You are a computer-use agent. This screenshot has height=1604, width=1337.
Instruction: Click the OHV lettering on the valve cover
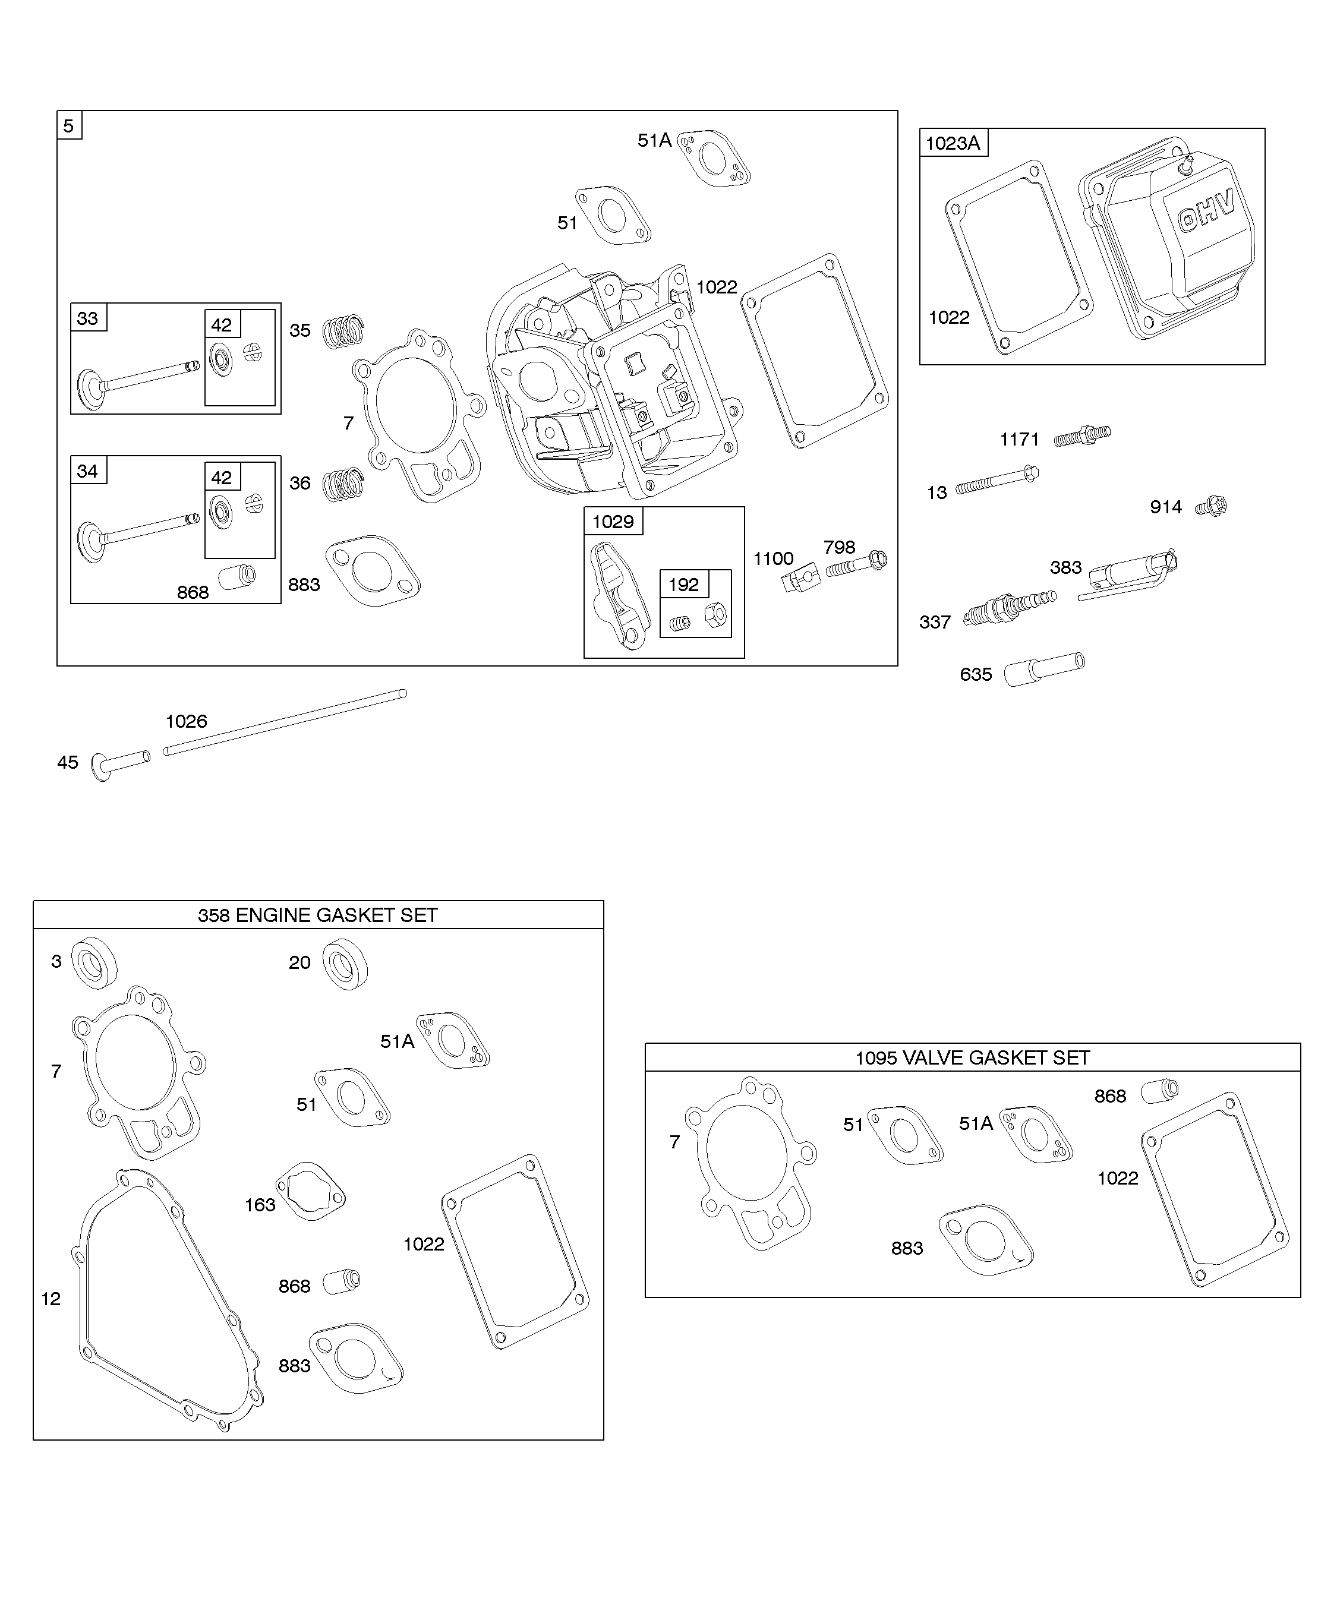[x=1206, y=211]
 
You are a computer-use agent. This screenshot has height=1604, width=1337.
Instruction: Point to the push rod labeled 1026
[x=285, y=722]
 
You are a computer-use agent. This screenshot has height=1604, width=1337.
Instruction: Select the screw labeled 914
[x=1212, y=506]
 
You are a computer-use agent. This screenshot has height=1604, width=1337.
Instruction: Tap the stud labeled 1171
[x=1082, y=436]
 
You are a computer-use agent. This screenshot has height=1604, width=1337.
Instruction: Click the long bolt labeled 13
[x=997, y=481]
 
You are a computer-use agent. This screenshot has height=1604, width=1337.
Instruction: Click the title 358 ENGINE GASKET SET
[x=318, y=915]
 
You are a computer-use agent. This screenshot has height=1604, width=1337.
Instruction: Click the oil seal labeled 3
[x=94, y=962]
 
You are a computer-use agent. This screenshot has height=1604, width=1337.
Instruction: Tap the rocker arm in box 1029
[x=620, y=596]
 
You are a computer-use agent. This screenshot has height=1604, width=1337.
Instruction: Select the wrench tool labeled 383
[x=1128, y=575]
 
